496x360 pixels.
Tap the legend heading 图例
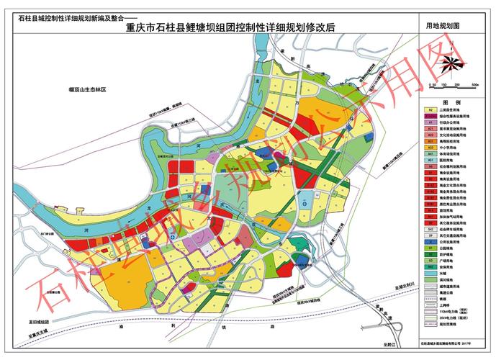pos(451,103)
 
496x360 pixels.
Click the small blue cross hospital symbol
pos(304,204)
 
